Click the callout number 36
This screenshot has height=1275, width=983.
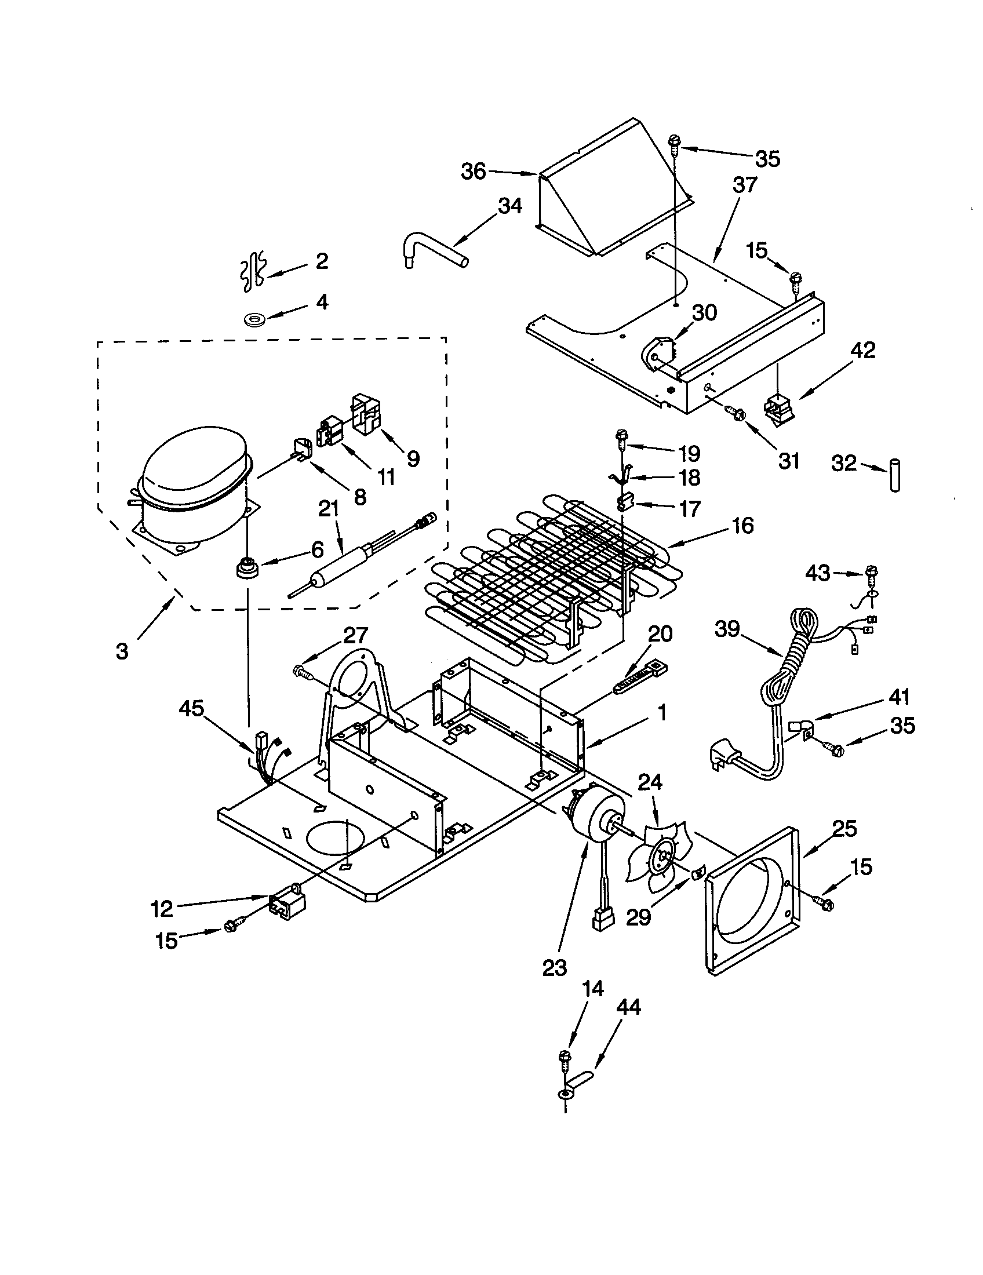474,172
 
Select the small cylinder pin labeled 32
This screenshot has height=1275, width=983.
895,476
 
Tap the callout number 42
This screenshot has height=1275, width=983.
863,351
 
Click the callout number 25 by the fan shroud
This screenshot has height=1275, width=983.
844,828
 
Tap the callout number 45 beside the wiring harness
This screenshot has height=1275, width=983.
191,709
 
